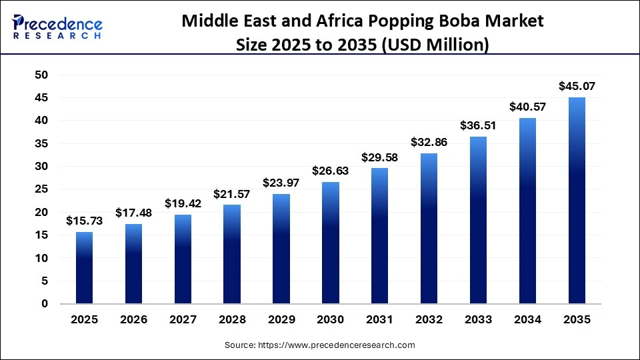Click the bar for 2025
pyautogui.click(x=84, y=267)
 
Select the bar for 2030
pyautogui.click(x=331, y=243)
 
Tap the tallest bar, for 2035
pyautogui.click(x=577, y=201)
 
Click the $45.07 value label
pyautogui.click(x=577, y=86)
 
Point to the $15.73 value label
pyautogui.click(x=84, y=221)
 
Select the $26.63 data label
pyautogui.click(x=331, y=171)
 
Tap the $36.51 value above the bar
pyautogui.click(x=478, y=125)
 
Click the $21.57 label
pyautogui.click(x=232, y=194)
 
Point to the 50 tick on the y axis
pyautogui.click(x=41, y=75)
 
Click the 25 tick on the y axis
pyautogui.click(x=41, y=189)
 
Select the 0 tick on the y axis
pyautogui.click(x=45, y=304)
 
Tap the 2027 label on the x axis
pyautogui.click(x=183, y=320)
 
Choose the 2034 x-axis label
pyautogui.click(x=527, y=320)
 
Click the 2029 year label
pyautogui.click(x=281, y=320)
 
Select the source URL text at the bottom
pyautogui.click(x=320, y=345)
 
